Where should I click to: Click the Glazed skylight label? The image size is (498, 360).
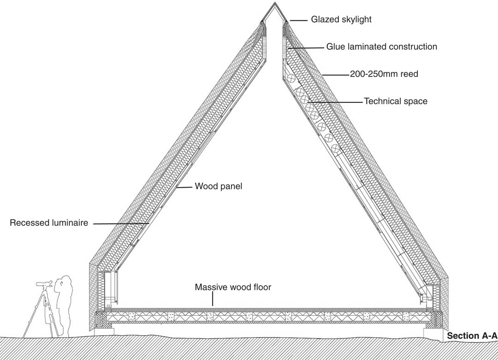(341, 19)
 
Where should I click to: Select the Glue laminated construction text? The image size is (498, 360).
(382, 47)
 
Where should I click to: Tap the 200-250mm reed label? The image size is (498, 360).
(384, 74)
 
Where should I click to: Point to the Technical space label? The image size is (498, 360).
(396, 101)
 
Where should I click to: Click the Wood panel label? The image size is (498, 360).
(219, 186)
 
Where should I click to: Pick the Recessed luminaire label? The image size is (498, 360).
(49, 223)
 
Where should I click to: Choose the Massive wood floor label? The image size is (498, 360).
(233, 287)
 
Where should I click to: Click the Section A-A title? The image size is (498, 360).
(472, 336)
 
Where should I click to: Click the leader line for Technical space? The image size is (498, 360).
(335, 102)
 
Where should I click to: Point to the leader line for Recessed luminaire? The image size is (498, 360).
(121, 224)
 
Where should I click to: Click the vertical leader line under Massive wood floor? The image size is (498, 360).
(213, 299)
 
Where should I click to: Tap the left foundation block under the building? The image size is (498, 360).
(105, 331)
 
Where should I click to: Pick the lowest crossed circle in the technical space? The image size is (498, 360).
(335, 148)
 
